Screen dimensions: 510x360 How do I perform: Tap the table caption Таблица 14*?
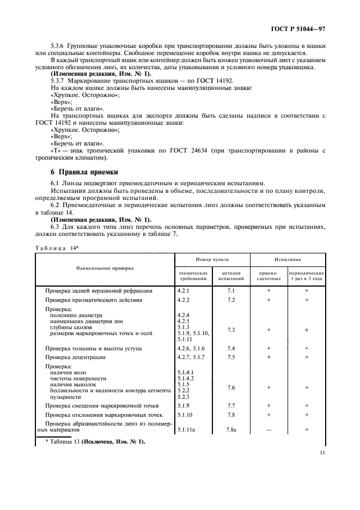point(54,247)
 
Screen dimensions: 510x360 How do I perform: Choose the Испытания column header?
point(288,260)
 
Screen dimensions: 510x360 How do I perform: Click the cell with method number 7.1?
point(230,291)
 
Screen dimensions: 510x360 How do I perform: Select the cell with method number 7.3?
point(230,330)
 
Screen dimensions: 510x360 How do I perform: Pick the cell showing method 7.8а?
point(230,429)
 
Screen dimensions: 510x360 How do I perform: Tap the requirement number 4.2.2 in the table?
point(184,300)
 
